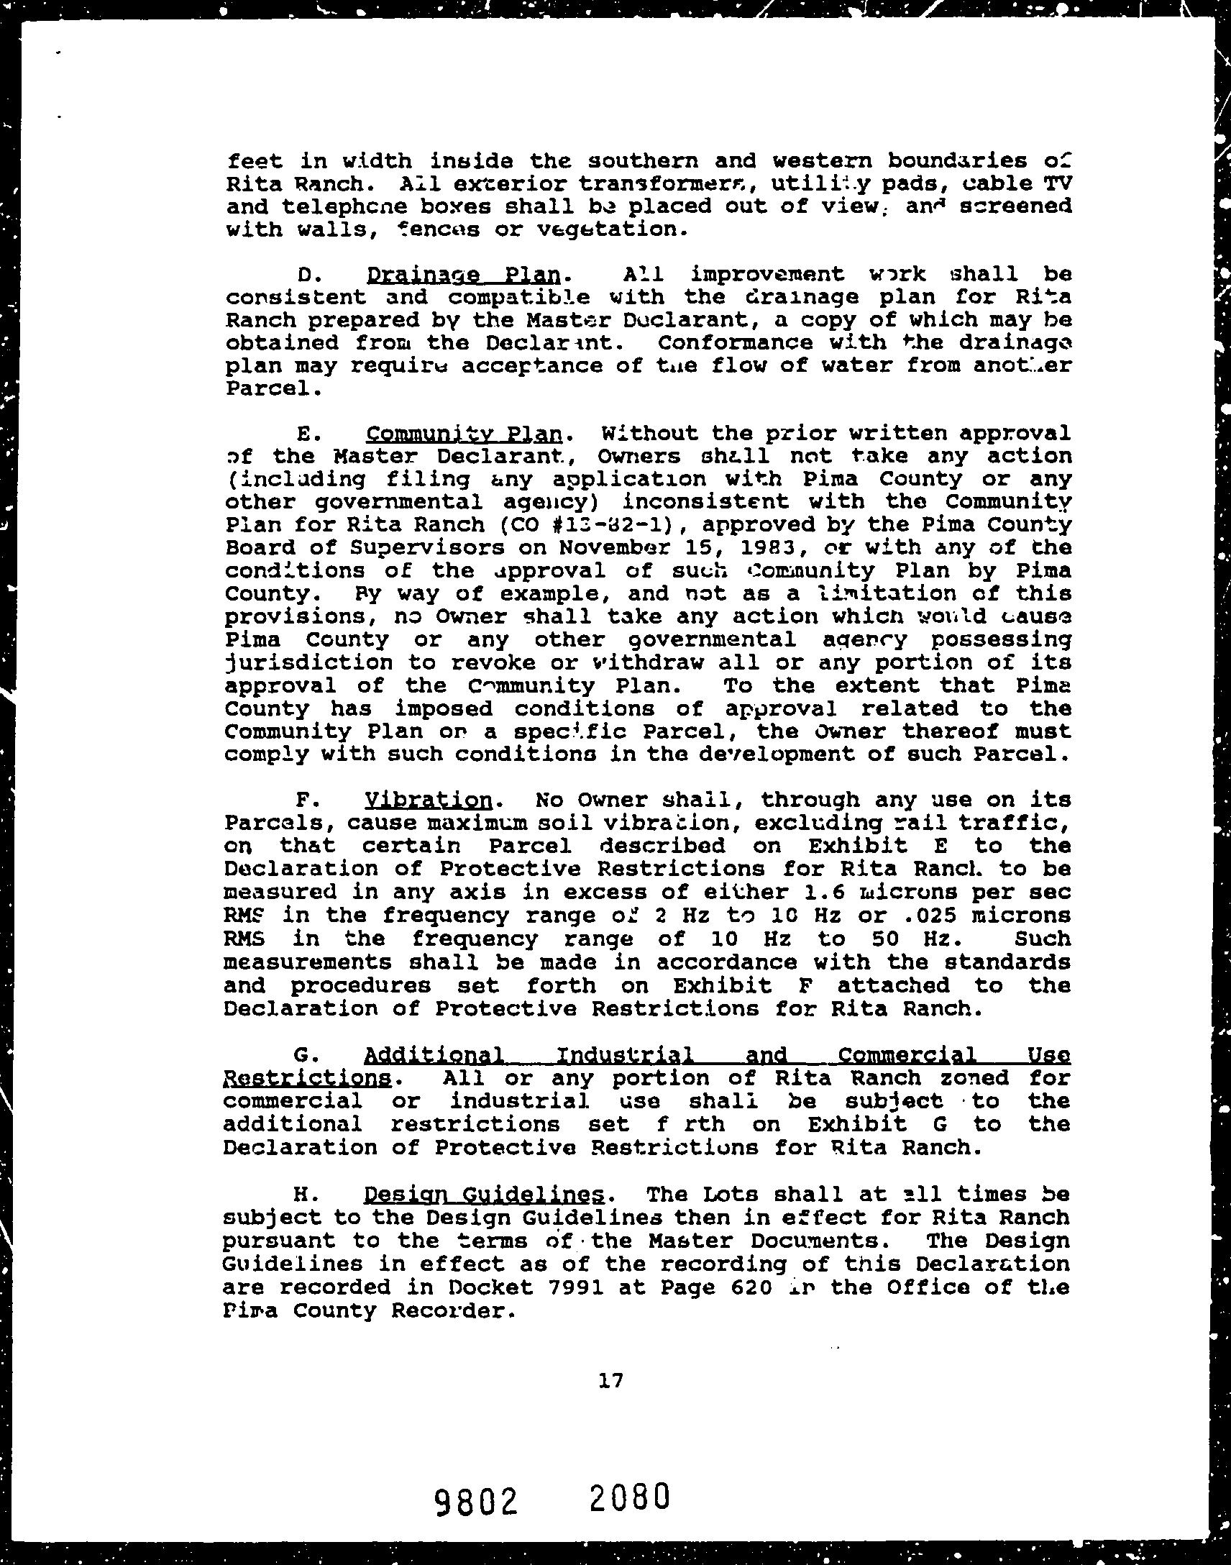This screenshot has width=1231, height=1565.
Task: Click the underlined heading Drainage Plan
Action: (464, 275)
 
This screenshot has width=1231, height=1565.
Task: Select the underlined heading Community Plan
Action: (464, 434)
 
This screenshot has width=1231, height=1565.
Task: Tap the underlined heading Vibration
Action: (429, 800)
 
